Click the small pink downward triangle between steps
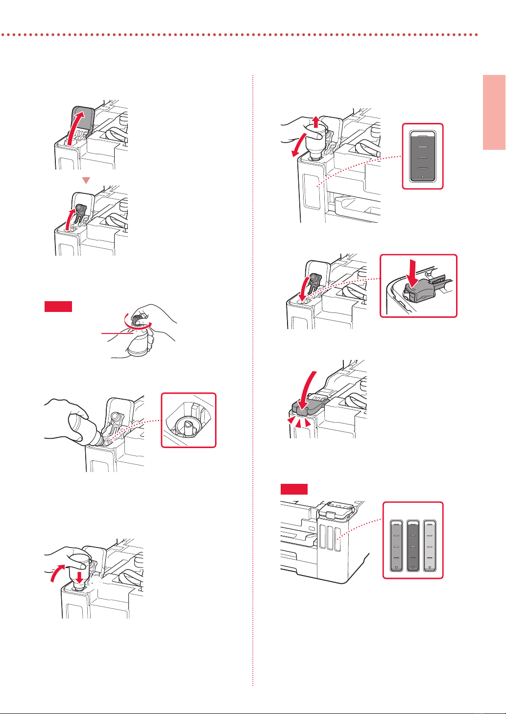tap(86, 181)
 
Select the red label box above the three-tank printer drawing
tap(294, 489)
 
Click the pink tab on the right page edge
tap(494, 112)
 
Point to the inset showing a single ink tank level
tap(422, 156)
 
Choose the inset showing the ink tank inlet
tap(189, 420)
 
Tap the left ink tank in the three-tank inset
tap(395, 546)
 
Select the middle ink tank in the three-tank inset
tap(413, 546)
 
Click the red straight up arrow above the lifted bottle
tap(316, 122)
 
